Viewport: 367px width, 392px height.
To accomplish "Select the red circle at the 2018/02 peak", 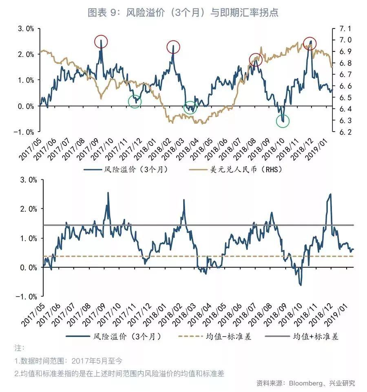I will click(x=173, y=47).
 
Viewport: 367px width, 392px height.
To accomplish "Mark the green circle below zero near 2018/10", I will click(x=283, y=121).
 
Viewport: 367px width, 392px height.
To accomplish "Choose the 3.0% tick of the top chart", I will click(x=25, y=29).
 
